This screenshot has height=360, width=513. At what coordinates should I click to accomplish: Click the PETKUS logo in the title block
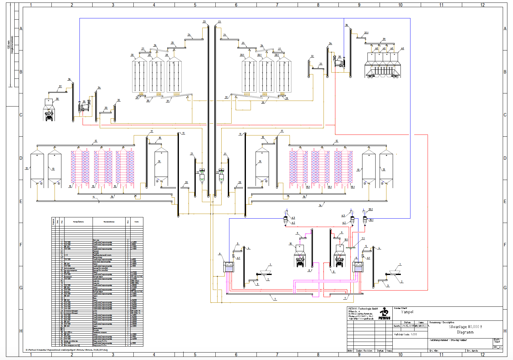point(384,313)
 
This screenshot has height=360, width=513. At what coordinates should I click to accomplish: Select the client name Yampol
point(407,312)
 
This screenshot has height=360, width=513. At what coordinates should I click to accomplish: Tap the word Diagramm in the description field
point(465,332)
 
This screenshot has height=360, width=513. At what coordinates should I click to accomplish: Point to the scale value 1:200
point(414,334)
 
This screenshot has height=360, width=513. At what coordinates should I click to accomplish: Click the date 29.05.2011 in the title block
point(408,326)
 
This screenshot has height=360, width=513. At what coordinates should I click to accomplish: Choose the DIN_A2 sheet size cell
point(498,347)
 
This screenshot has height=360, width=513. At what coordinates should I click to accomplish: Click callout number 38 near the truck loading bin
point(57,99)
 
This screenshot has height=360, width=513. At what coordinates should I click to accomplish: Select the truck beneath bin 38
point(49,116)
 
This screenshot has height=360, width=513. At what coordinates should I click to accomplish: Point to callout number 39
point(384,39)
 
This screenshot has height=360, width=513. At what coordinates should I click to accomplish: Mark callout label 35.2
point(371,210)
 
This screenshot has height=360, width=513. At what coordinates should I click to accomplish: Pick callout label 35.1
point(371,220)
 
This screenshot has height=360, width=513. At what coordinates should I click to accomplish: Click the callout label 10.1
point(346,239)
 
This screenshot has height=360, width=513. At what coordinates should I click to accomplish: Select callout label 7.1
point(363,239)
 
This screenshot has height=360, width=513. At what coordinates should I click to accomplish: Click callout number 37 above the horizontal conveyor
point(60,87)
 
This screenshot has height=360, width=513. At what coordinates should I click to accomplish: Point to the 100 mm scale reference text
point(9,45)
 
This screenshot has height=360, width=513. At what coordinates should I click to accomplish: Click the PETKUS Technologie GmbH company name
point(363,309)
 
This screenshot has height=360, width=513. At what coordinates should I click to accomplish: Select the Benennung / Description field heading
point(442,323)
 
